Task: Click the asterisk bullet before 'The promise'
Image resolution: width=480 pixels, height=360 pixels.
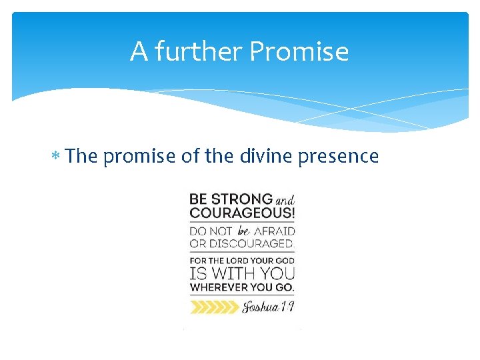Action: click(59, 157)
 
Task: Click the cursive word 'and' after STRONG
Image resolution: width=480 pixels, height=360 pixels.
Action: click(284, 200)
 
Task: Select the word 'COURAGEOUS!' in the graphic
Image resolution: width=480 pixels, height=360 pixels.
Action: click(242, 214)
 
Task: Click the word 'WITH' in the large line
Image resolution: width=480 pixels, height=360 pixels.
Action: click(233, 273)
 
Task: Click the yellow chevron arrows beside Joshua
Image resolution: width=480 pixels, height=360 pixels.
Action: click(213, 307)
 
